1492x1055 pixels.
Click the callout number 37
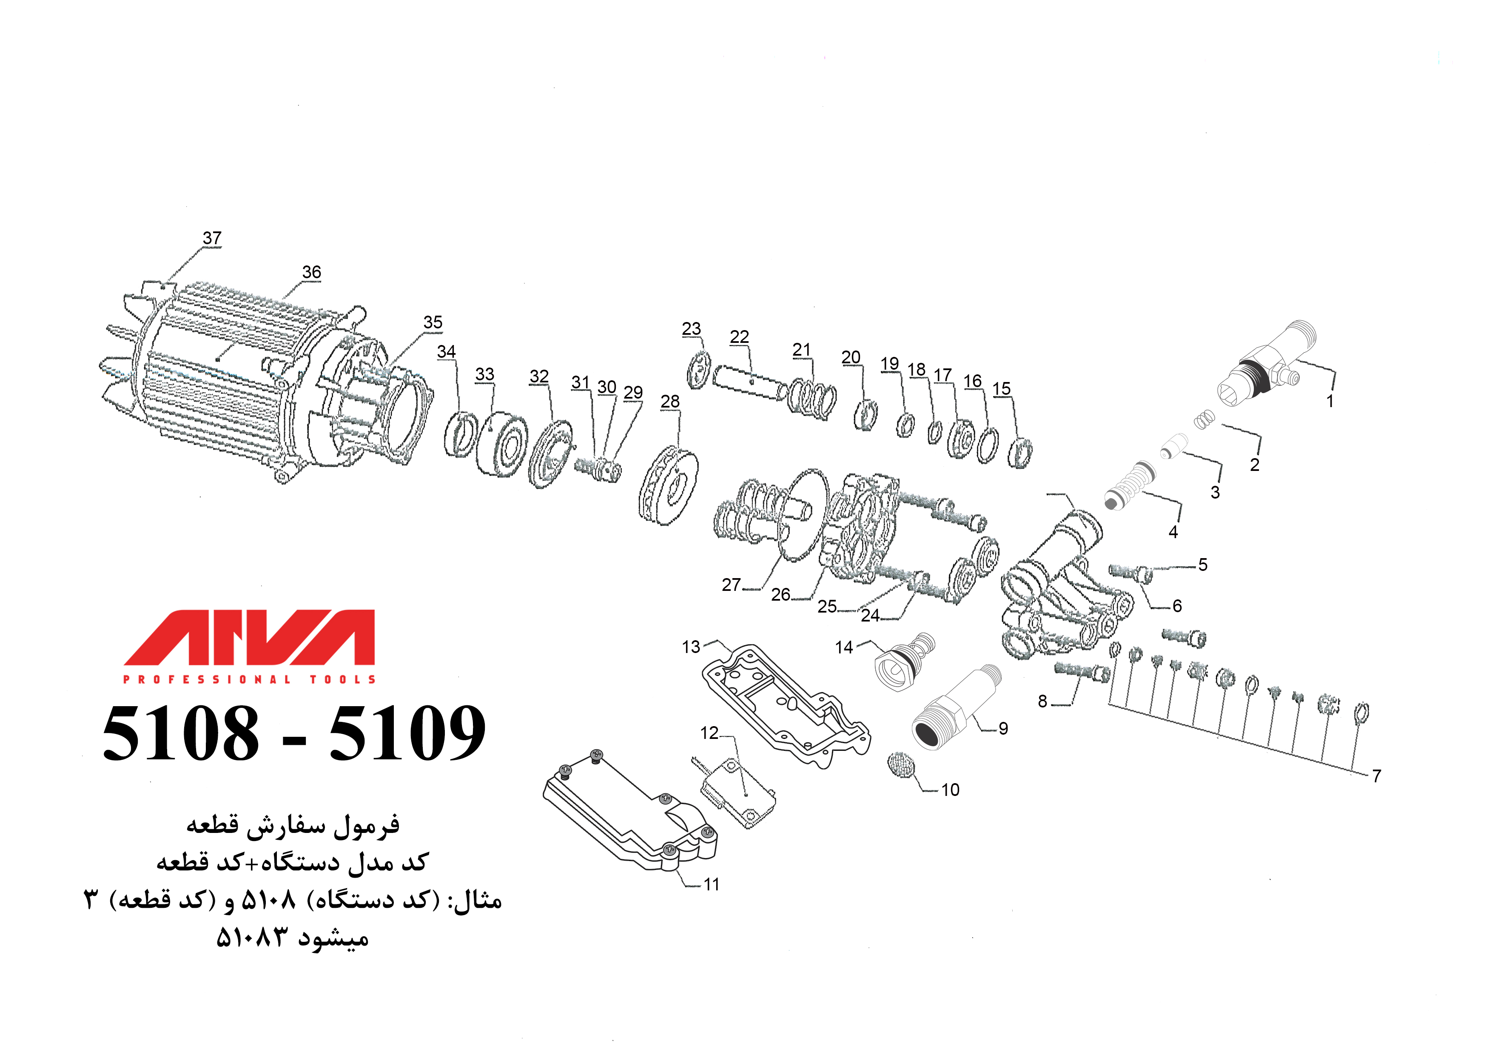point(212,238)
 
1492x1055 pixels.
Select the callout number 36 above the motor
point(311,272)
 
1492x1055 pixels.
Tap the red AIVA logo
point(250,637)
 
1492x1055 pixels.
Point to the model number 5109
point(407,734)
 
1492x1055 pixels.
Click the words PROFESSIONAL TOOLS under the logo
point(250,680)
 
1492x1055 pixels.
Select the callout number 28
point(670,402)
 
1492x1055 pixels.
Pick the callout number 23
point(692,329)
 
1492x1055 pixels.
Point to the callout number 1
point(1330,401)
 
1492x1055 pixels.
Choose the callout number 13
point(691,647)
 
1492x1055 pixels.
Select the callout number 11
point(712,885)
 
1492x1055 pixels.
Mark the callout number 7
point(1376,776)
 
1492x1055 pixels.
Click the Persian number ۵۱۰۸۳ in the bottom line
point(251,938)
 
